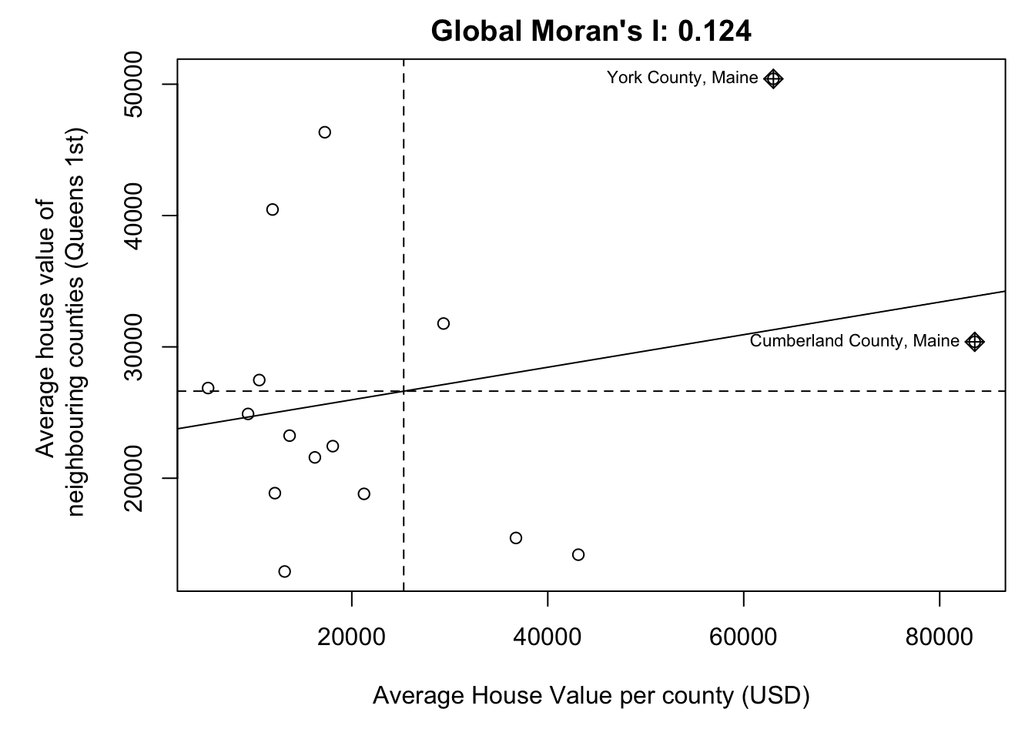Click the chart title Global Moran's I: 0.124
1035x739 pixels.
pyautogui.click(x=591, y=32)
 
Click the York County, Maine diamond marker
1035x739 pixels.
pyautogui.click(x=773, y=79)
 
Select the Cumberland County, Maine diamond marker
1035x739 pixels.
pyautogui.click(x=974, y=342)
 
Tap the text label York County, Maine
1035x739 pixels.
pyautogui.click(x=682, y=78)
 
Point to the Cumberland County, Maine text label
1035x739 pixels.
pyautogui.click(x=854, y=341)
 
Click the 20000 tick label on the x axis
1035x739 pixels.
pyautogui.click(x=351, y=638)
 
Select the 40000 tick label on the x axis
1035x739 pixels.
pyautogui.click(x=548, y=638)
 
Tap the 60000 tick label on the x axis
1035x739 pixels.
pyautogui.click(x=743, y=638)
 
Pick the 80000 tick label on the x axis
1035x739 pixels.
pyautogui.click(x=940, y=638)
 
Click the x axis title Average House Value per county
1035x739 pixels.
pyautogui.click(x=591, y=696)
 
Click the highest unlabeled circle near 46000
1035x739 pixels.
pyautogui.click(x=325, y=132)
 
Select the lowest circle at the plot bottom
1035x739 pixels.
pyautogui.click(x=284, y=571)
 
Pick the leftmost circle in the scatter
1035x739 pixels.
pyautogui.click(x=208, y=388)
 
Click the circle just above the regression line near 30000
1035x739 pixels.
pyautogui.click(x=444, y=323)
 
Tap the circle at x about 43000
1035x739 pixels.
pyautogui.click(x=578, y=555)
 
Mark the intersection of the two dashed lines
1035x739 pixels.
pyautogui.click(x=404, y=391)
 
